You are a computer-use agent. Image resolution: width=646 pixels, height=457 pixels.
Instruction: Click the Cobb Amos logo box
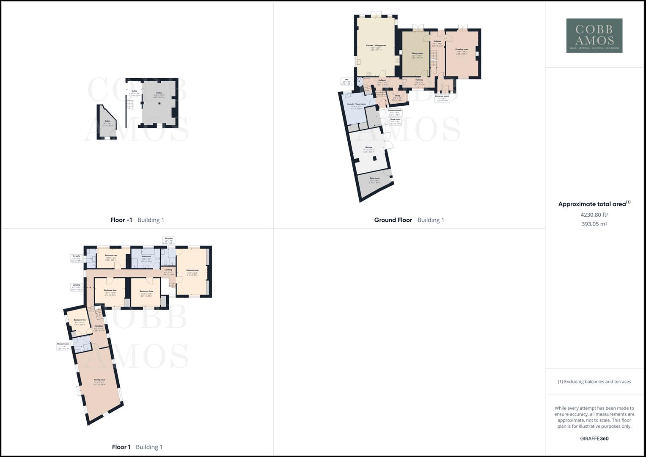coord(594,36)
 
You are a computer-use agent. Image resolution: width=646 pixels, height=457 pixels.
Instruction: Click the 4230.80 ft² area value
coord(594,215)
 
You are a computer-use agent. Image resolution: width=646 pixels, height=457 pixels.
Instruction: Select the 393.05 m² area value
coord(594,224)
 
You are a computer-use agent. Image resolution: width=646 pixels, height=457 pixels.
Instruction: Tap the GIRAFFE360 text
coord(594,438)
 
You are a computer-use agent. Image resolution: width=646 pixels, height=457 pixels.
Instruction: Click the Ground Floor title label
coord(393,220)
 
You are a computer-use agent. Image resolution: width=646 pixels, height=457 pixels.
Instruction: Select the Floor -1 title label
coord(121,220)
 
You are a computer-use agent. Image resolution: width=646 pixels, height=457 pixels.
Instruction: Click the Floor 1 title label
coord(121,447)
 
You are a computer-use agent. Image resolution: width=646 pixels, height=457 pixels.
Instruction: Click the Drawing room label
coord(462,50)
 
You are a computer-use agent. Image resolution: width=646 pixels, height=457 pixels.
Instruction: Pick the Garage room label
coord(368,147)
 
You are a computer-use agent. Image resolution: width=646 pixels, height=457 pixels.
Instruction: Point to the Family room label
coord(99,380)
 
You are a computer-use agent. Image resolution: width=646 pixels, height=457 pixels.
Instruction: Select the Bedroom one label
coord(192,270)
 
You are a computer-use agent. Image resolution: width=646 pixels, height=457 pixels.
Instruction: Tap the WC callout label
coord(346,80)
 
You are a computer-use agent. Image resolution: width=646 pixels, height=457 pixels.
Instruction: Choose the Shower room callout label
coord(63,344)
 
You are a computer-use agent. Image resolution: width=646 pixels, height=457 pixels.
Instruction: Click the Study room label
coord(397,96)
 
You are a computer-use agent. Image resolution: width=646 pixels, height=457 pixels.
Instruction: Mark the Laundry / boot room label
coord(357,104)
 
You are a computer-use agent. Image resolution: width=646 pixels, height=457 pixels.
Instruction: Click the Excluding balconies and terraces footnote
coord(594,382)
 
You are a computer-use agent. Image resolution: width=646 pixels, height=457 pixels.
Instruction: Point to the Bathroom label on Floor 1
coord(146,257)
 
